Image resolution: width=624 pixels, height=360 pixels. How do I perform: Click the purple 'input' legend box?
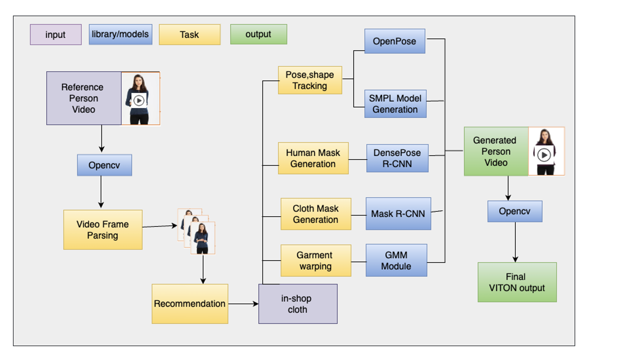[56, 35]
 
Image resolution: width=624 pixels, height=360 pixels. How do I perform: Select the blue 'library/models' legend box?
[121, 34]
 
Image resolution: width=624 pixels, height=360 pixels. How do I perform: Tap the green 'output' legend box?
[258, 34]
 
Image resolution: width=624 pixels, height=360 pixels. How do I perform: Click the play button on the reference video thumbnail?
[139, 101]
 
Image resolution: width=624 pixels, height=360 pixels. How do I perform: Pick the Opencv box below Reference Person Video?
[104, 165]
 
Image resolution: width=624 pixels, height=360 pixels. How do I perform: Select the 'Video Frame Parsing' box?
[103, 230]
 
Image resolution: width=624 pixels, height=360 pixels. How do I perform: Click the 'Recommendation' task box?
[190, 303]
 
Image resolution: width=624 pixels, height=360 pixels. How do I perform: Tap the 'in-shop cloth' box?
[298, 303]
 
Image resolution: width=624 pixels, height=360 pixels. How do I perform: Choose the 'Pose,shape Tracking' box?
[310, 80]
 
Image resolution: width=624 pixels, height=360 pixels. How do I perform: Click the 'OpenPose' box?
[394, 41]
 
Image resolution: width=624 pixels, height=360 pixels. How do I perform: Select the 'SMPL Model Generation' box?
[395, 104]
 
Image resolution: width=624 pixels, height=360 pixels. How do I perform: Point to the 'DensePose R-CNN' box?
[397, 158]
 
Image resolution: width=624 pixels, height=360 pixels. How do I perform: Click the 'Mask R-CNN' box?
[398, 214]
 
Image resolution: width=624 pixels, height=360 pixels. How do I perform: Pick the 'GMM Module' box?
[396, 260]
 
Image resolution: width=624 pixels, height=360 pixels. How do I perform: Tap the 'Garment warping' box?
[315, 260]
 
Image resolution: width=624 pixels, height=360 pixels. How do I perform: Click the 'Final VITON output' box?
[517, 282]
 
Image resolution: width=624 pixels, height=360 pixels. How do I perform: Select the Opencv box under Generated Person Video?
[515, 212]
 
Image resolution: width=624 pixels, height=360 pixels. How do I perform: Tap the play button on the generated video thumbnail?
[544, 155]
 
